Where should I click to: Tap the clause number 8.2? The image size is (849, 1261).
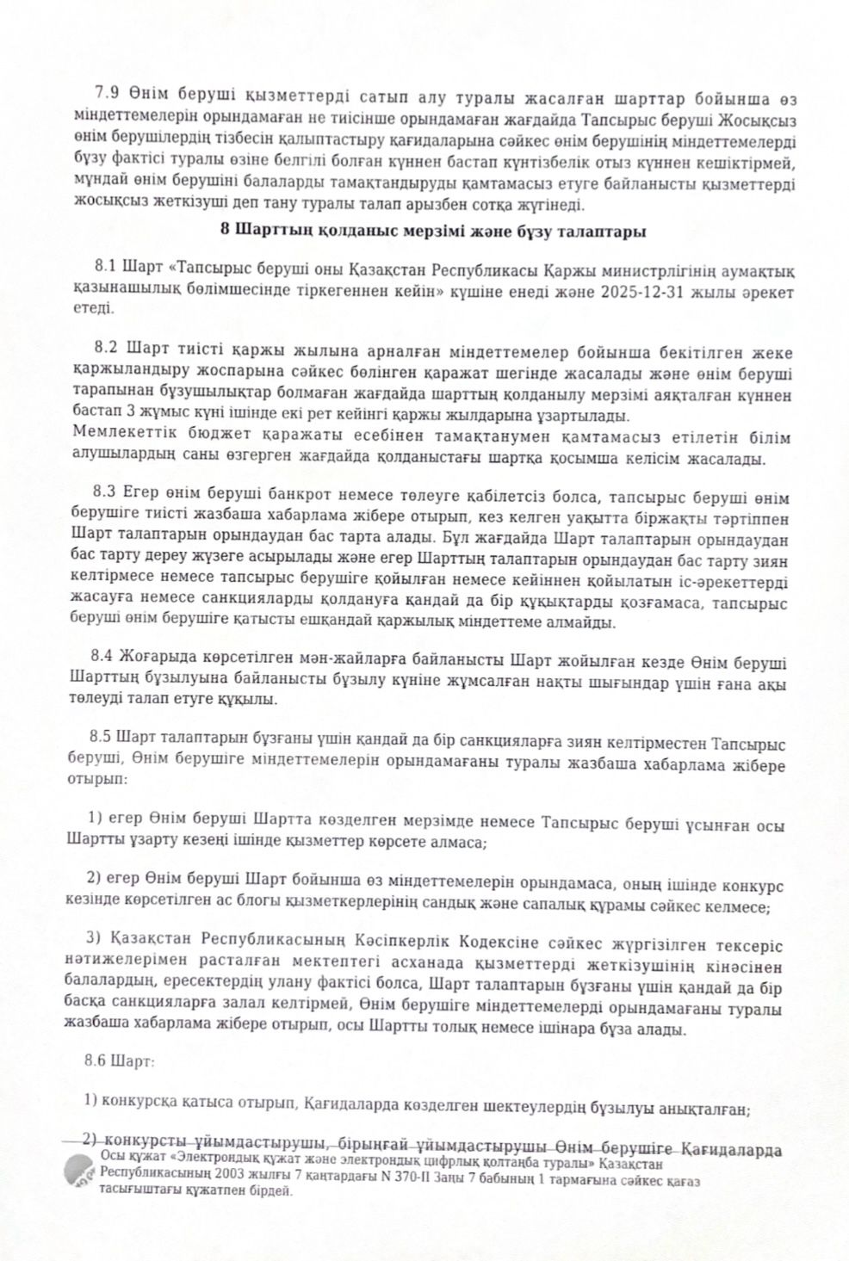tap(109, 352)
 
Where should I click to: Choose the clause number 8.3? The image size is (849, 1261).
tap(109, 498)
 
